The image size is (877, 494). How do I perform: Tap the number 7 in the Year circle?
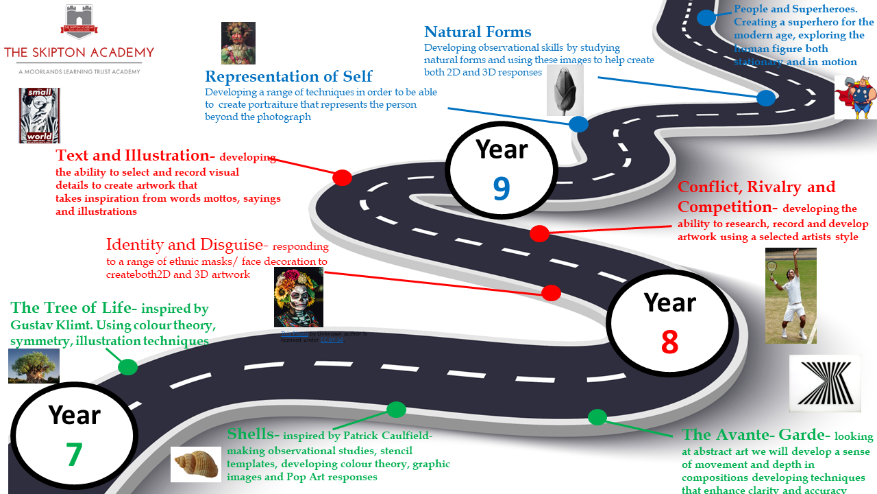click(74, 454)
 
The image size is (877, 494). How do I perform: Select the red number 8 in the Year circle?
click(669, 342)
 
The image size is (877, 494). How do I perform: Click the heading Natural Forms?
click(478, 32)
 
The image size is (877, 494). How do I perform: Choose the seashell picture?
click(195, 464)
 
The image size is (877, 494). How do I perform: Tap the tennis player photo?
click(791, 296)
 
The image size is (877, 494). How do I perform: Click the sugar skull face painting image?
click(298, 297)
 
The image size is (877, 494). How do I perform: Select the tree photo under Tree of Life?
click(34, 366)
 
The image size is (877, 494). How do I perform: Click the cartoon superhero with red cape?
click(854, 97)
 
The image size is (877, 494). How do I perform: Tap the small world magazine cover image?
click(40, 115)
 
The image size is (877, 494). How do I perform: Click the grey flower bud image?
click(565, 90)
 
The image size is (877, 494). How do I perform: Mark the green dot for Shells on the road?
click(396, 410)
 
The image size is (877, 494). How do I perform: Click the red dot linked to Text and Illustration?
click(342, 178)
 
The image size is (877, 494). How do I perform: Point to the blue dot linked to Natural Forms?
click(765, 98)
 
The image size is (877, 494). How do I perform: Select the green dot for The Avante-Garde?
click(597, 416)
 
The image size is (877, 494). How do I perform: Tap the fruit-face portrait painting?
click(238, 43)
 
